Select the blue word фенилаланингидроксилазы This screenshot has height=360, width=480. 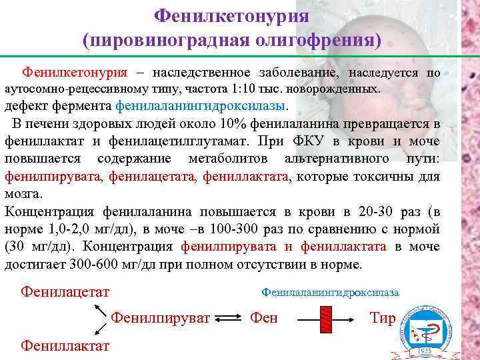202,106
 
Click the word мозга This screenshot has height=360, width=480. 23,194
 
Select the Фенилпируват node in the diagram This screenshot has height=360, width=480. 161,317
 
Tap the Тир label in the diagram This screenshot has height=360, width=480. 382,317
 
